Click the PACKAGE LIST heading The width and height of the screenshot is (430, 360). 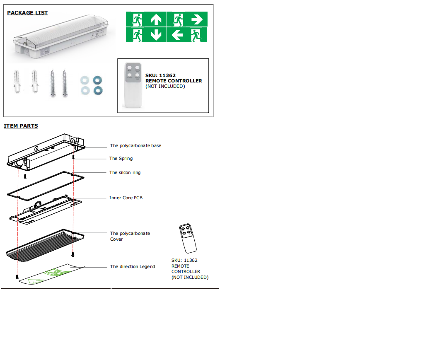tap(27, 13)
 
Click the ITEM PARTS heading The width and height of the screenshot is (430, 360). tap(21, 126)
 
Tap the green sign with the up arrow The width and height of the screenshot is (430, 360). tap(146, 19)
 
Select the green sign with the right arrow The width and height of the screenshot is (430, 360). tap(187, 19)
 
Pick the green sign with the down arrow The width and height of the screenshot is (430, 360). tap(146, 35)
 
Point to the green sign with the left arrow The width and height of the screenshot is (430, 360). tap(187, 35)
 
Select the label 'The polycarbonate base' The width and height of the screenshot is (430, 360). tap(135, 146)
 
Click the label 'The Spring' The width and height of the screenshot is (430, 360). tap(121, 159)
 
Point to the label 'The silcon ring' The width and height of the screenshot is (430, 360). tap(125, 173)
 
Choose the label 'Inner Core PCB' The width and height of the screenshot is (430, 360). tap(126, 198)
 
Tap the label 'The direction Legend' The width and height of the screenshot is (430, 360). tap(133, 267)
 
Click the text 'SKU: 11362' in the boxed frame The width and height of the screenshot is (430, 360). tap(160, 75)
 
